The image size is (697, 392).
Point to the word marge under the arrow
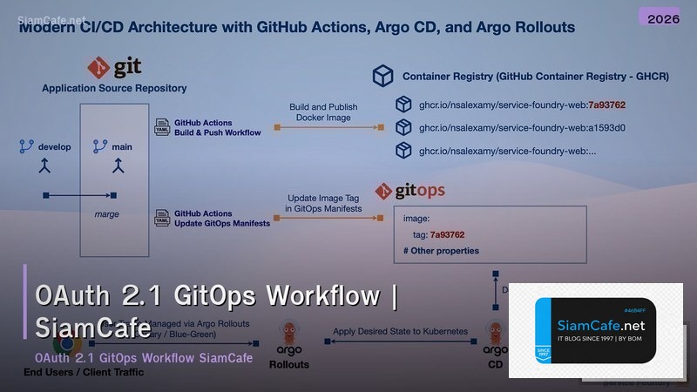[106, 213]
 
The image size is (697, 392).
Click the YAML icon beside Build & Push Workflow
[162, 127]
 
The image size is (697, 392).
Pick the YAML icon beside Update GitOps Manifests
[162, 218]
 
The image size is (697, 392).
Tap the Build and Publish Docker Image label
[323, 112]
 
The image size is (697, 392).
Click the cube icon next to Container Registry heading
[383, 77]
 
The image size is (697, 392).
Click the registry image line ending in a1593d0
[510, 127]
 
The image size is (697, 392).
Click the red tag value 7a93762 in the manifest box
[447, 234]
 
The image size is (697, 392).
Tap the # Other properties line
[441, 251]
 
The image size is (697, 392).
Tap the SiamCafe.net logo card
[596, 331]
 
